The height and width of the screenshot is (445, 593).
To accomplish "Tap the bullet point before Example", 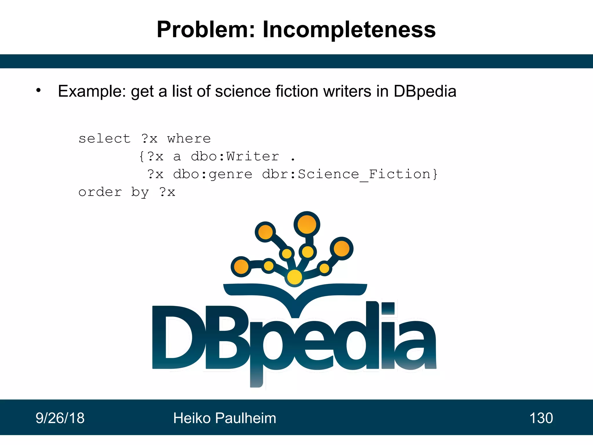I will [39, 90].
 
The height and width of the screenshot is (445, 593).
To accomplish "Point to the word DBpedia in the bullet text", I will [425, 91].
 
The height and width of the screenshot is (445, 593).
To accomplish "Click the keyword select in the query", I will [105, 139].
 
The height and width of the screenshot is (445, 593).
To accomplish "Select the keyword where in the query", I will [189, 139].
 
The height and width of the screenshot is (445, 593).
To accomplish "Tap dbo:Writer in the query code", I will [235, 156].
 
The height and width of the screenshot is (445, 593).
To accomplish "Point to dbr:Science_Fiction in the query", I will [349, 174].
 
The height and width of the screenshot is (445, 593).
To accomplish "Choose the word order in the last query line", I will [100, 192].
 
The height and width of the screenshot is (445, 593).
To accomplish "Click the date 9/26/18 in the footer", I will [60, 418].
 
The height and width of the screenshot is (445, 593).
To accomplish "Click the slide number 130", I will [541, 418].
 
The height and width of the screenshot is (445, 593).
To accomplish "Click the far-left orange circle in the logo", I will [241, 267].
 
